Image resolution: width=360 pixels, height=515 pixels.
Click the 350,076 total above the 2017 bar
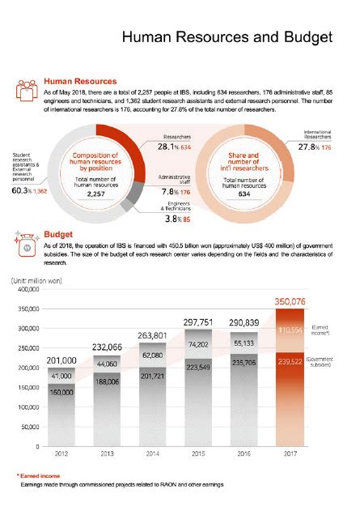[292, 301]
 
